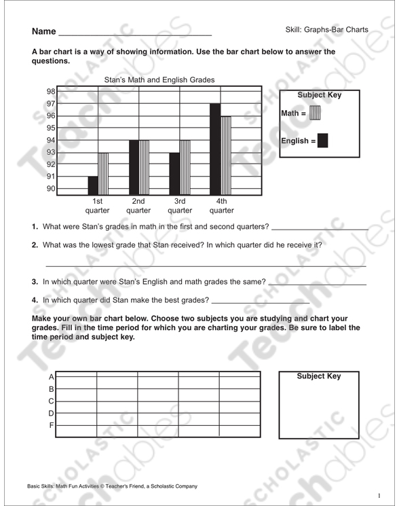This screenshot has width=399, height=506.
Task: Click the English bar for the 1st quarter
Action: (x=93, y=185)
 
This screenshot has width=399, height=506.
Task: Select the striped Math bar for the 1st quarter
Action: (x=103, y=174)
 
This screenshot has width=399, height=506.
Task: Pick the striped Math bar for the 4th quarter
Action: (x=226, y=156)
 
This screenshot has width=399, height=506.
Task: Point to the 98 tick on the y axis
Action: (x=51, y=92)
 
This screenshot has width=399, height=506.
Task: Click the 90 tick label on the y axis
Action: (x=51, y=189)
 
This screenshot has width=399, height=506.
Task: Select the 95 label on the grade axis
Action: (x=51, y=128)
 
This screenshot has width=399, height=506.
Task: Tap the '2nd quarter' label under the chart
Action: (x=138, y=206)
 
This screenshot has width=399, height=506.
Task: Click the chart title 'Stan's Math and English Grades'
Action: (x=159, y=80)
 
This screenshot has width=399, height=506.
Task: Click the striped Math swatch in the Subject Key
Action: (x=314, y=113)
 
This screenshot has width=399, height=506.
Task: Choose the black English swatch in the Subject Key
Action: (x=323, y=141)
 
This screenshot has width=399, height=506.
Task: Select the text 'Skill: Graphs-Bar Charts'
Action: (x=327, y=30)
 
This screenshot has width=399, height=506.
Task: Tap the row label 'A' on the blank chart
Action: (x=51, y=377)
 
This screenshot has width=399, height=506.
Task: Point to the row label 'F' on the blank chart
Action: (x=51, y=426)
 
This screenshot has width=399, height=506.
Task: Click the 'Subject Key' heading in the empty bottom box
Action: (x=319, y=376)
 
